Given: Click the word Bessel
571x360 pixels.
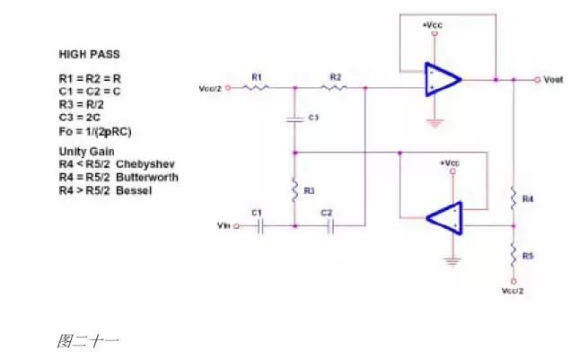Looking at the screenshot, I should pos(135,190).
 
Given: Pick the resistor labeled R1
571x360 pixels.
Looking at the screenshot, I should pos(257,88).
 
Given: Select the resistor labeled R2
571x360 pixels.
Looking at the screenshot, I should pos(333,88).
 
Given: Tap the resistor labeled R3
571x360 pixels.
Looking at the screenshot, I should pos(295,190).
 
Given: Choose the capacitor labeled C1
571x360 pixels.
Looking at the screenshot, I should pos(259,226).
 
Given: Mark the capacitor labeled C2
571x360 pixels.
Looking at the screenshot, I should pos(329,226).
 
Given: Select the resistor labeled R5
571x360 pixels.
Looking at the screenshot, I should pos(513,256).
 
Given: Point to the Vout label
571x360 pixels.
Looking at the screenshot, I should pos(553,80).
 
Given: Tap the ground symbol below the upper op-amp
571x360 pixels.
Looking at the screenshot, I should pos(435,122).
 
